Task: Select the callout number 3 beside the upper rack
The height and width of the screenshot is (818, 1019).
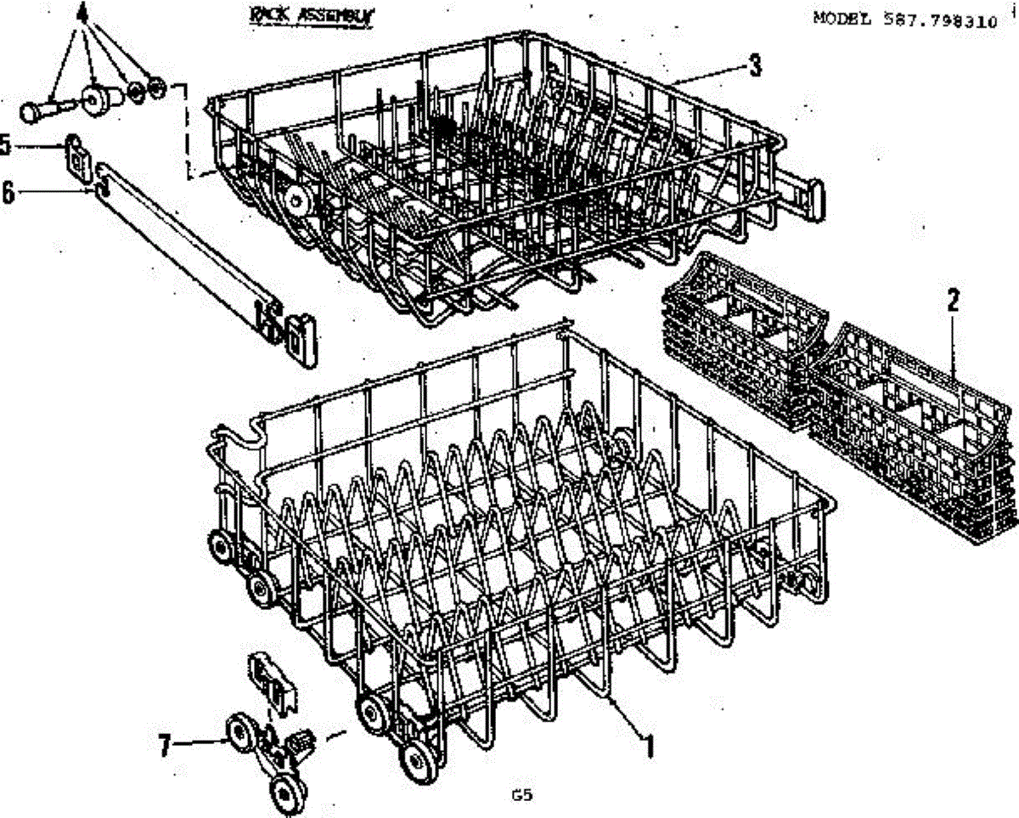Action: tap(754, 66)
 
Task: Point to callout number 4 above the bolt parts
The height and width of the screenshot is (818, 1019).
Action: tap(82, 14)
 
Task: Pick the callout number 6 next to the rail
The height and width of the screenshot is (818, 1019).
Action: tap(8, 192)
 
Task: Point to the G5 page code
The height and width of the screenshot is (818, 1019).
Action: tap(521, 796)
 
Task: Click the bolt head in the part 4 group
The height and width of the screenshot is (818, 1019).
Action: tap(30, 111)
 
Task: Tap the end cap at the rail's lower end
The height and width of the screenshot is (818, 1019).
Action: tap(302, 339)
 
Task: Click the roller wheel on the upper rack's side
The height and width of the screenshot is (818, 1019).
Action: tap(296, 200)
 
